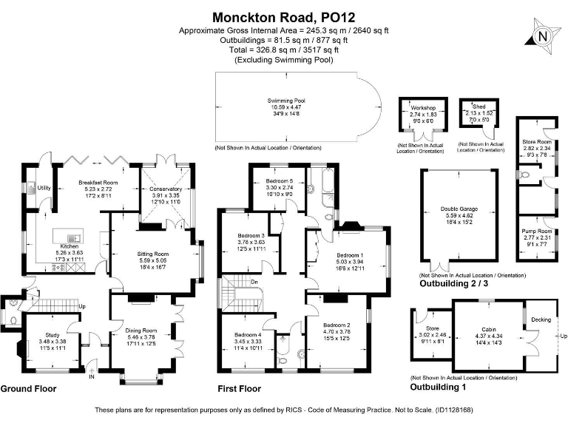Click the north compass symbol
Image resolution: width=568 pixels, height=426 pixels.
point(543,36)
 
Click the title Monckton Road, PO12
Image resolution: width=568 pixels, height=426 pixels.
point(284,16)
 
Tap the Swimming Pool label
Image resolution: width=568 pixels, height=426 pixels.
point(285,101)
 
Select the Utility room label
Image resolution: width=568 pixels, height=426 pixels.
point(44,188)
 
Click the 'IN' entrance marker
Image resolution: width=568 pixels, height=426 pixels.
point(92,376)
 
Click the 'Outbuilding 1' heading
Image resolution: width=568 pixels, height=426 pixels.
point(439,387)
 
